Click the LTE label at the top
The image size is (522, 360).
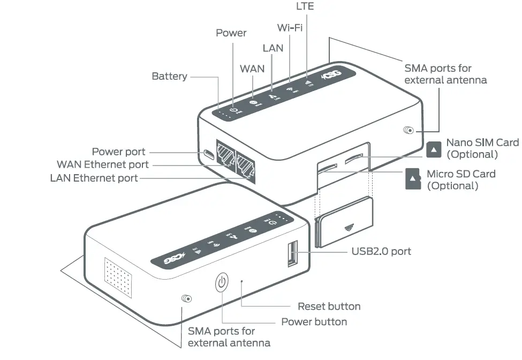point(305,6)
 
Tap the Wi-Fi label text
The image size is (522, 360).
point(290,27)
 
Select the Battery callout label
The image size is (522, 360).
point(169,76)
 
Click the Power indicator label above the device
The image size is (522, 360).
point(231,33)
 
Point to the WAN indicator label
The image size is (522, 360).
point(252,69)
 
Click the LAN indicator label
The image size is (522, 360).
point(273,48)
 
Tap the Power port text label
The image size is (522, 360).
point(118,152)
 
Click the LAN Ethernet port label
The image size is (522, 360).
point(94,177)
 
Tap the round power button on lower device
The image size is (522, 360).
point(222,282)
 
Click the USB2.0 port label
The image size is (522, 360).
point(381,251)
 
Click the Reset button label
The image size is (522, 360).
point(329,306)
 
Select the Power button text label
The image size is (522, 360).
point(314,322)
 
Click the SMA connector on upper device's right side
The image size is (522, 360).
point(409,130)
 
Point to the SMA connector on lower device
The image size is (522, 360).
point(187,299)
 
